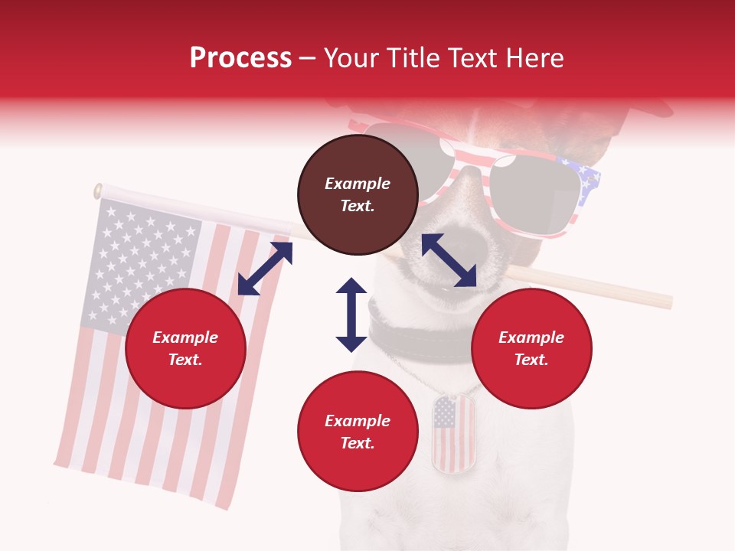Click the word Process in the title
(240, 58)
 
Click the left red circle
(185, 349)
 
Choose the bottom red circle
(358, 432)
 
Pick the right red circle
(531, 349)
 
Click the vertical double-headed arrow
(351, 315)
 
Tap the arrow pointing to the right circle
(449, 260)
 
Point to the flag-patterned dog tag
(452, 433)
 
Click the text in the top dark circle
(358, 194)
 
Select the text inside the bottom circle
(358, 432)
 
